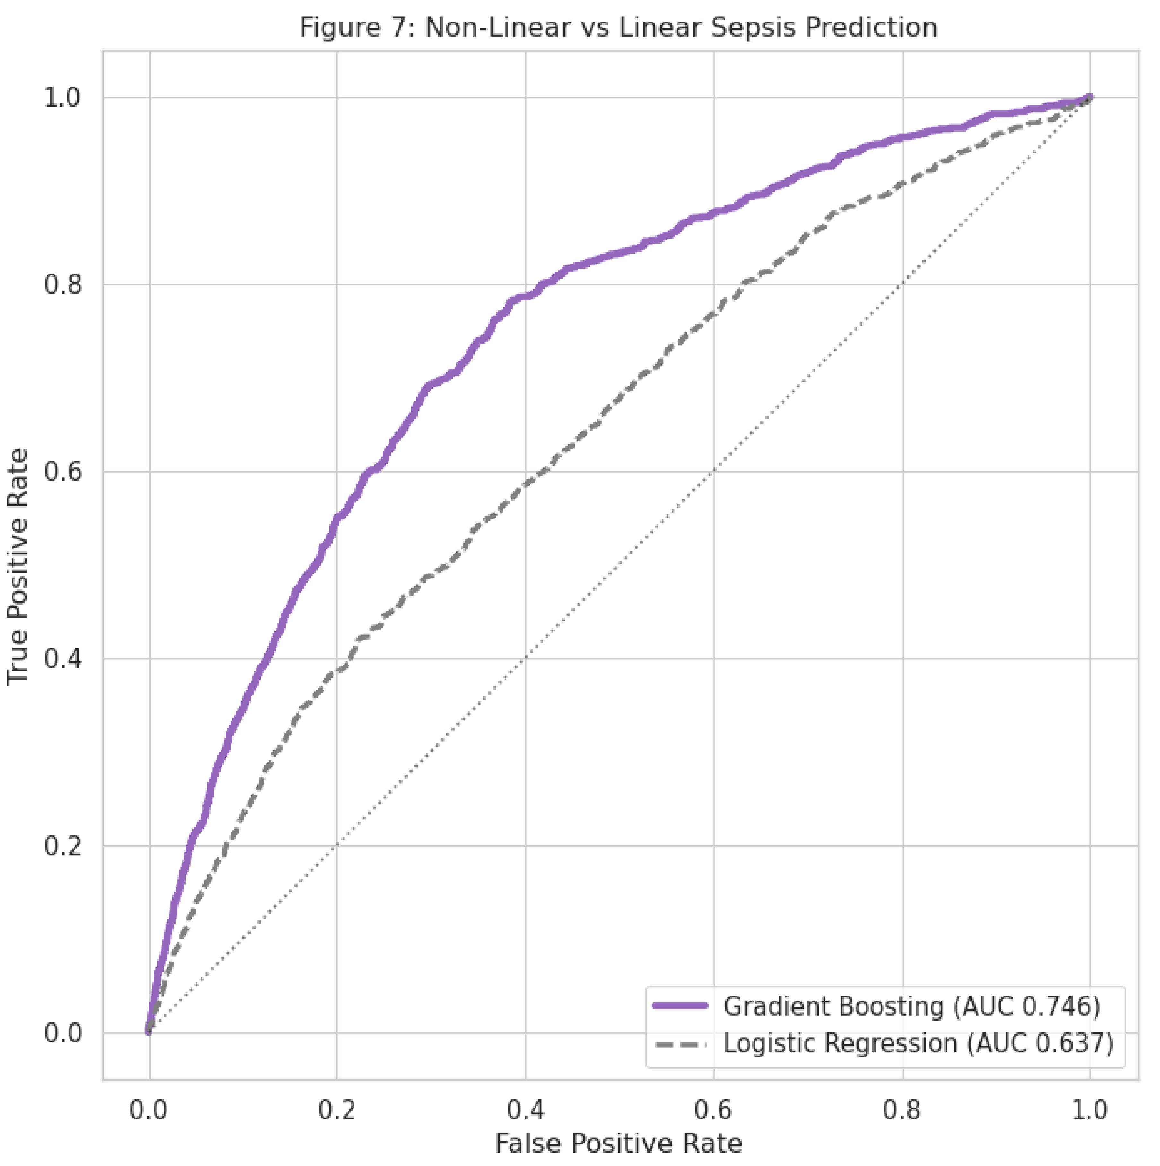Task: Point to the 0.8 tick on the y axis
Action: (x=63, y=285)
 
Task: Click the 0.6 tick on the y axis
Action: (x=63, y=472)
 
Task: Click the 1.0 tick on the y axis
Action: (x=63, y=98)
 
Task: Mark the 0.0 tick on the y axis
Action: (x=63, y=1033)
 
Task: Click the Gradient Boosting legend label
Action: (x=833, y=1006)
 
